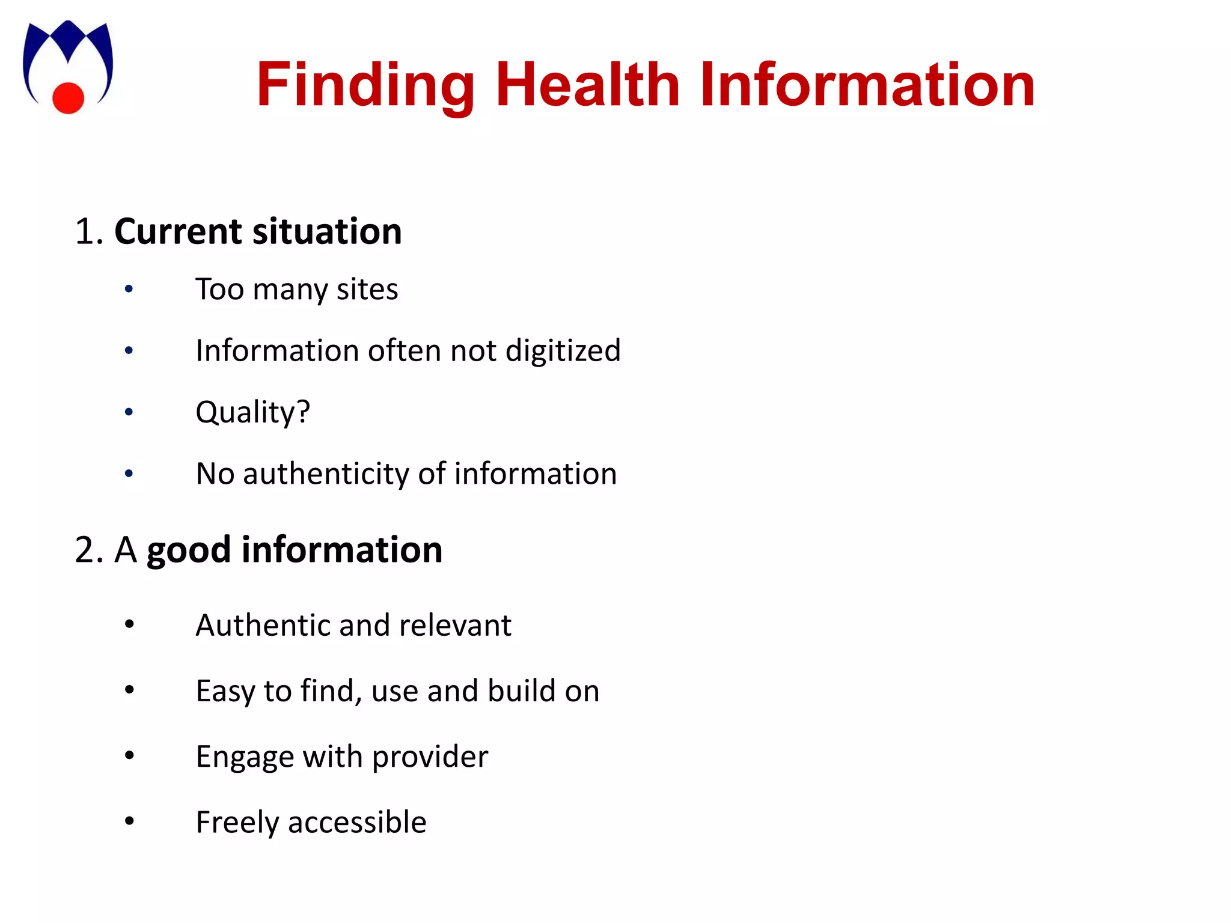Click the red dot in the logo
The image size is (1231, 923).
(x=68, y=97)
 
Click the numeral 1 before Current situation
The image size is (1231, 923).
(x=84, y=232)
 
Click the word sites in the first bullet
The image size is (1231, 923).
(x=367, y=290)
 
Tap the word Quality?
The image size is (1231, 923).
(x=253, y=413)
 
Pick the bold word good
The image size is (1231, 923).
(x=188, y=550)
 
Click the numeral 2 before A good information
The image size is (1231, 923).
(x=85, y=550)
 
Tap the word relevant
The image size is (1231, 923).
(x=455, y=626)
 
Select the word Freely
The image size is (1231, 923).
(x=237, y=823)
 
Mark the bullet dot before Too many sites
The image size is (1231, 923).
(x=129, y=290)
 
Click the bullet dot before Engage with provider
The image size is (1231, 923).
(x=129, y=755)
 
